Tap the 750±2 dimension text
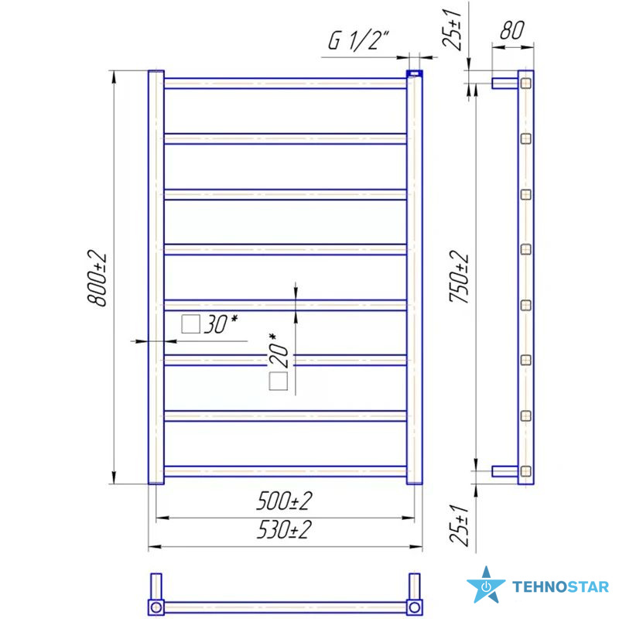pyautogui.click(x=459, y=277)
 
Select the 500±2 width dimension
pyautogui.click(x=284, y=501)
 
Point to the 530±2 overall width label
pyautogui.click(x=284, y=529)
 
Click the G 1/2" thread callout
pyautogui.click(x=358, y=40)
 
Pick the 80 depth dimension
pyautogui.click(x=512, y=30)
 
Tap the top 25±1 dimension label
pyautogui.click(x=452, y=29)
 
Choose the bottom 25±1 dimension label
pyautogui.click(x=460, y=525)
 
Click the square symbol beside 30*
pyautogui.click(x=190, y=324)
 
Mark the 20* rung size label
pyautogui.click(x=279, y=351)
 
